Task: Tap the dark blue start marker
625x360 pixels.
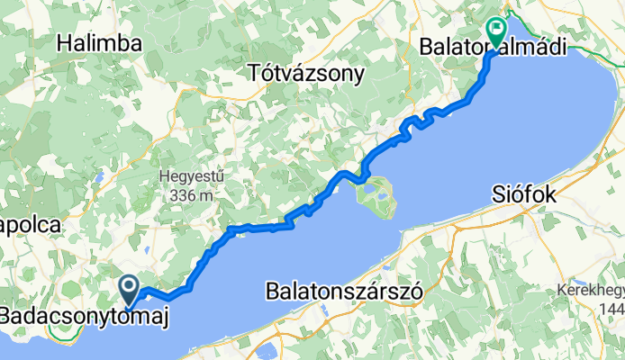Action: pyautogui.click(x=130, y=289)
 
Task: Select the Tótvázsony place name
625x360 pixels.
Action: pyautogui.click(x=306, y=71)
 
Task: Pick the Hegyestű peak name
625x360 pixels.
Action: pyautogui.click(x=190, y=176)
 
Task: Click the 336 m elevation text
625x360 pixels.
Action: pyautogui.click(x=190, y=194)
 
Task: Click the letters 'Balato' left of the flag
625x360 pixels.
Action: pyautogui.click(x=454, y=46)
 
